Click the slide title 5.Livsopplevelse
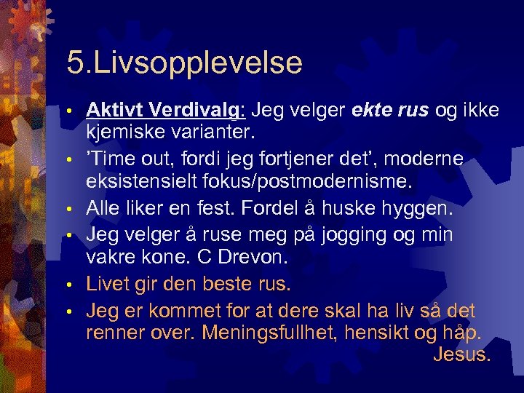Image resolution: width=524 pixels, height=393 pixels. pyautogui.click(x=184, y=63)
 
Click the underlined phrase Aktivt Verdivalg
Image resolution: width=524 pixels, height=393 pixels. pyautogui.click(x=167, y=109)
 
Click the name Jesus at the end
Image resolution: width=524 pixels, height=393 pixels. pyautogui.click(x=462, y=356)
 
